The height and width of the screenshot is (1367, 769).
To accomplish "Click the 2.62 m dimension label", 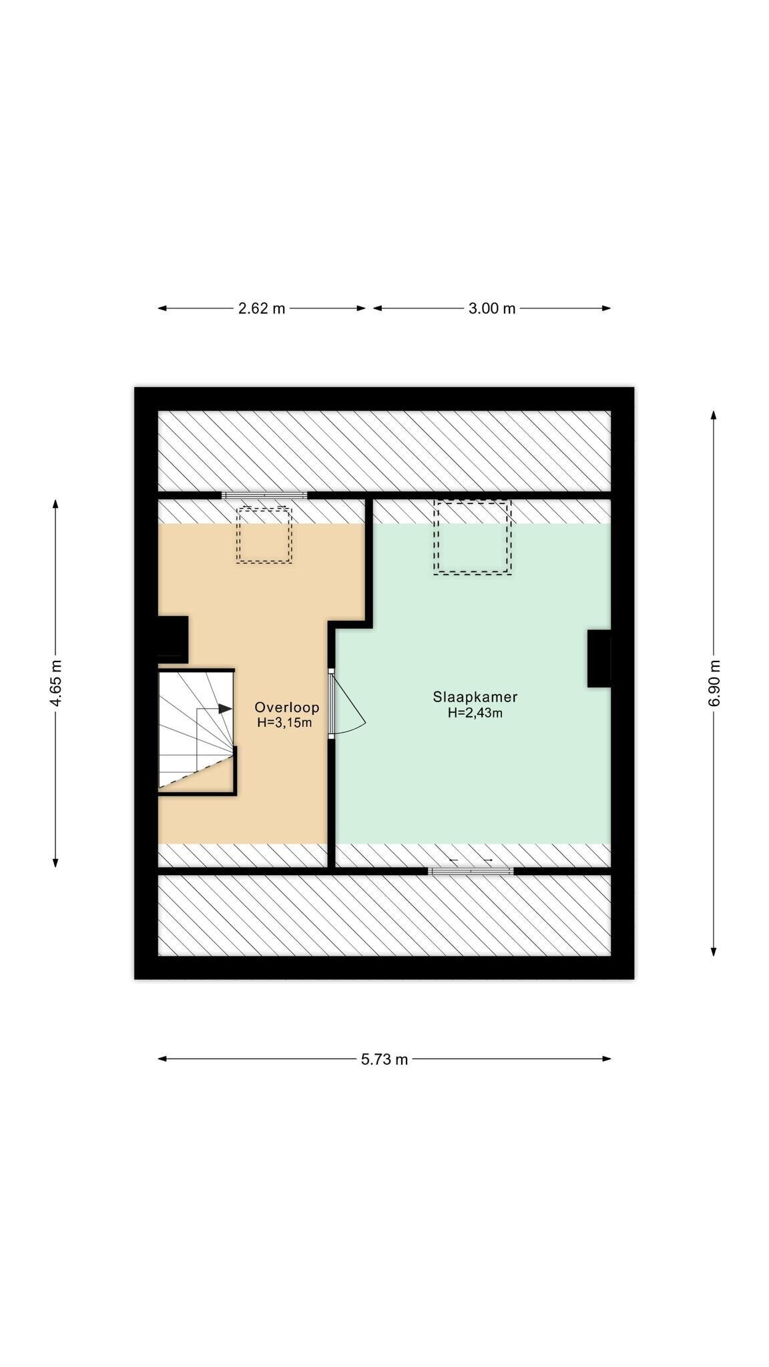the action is click(x=262, y=308).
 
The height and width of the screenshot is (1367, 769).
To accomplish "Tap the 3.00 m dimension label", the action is click(x=492, y=308).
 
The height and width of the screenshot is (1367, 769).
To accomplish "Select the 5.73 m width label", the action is click(x=384, y=1059).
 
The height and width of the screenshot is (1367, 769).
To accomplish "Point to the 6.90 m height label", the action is click(x=714, y=683).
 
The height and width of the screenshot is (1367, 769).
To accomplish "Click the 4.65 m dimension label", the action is click(x=56, y=683).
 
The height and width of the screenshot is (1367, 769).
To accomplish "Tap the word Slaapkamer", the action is click(x=475, y=698).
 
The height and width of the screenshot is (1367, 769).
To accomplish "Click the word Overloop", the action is click(x=287, y=708).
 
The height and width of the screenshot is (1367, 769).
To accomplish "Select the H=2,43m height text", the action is click(x=475, y=713).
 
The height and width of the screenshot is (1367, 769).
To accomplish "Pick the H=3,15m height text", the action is click(x=284, y=723).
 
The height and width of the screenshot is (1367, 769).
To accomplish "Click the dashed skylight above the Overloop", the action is click(x=264, y=535).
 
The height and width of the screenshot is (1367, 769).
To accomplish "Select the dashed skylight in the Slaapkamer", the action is click(x=473, y=537).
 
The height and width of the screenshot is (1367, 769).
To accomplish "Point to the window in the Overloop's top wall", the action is click(x=265, y=495).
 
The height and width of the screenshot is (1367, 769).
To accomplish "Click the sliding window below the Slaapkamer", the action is click(x=471, y=870).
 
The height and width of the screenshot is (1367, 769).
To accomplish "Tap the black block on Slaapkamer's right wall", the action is click(x=599, y=658).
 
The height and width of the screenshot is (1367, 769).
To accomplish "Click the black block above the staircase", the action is click(x=173, y=639).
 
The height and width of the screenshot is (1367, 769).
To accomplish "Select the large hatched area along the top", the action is click(x=384, y=451).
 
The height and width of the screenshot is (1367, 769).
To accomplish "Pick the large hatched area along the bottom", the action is click(x=384, y=915).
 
